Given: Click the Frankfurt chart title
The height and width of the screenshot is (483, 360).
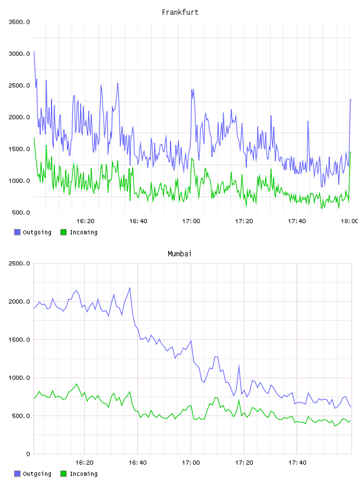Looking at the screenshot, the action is (x=180, y=12).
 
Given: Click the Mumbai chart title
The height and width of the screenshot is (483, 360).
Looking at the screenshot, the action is (x=179, y=254).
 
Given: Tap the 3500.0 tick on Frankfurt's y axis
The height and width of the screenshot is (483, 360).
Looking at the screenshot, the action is (x=19, y=22).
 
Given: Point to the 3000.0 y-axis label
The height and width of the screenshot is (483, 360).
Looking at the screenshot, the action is (x=19, y=54).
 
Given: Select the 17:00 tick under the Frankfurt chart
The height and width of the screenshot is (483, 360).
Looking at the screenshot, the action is (x=191, y=221).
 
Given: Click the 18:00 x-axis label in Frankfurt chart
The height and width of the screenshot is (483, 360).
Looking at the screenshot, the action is (x=349, y=221).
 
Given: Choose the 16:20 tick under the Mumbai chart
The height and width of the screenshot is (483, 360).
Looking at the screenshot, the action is (x=85, y=462).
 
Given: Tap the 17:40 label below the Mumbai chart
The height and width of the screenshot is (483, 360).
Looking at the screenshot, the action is (x=297, y=462).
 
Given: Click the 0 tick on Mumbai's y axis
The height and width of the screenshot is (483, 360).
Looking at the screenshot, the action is (x=28, y=454).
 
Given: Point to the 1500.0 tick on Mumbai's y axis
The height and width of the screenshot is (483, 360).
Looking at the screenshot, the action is (x=19, y=339).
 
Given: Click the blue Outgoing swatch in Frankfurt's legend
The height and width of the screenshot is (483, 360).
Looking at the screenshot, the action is (x=17, y=232).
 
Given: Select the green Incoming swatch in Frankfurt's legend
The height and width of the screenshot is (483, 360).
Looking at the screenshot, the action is (x=63, y=232).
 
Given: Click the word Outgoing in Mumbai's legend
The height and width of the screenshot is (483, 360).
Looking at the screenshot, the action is (x=37, y=474).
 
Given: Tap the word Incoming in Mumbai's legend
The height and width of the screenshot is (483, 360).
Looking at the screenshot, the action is (x=83, y=474).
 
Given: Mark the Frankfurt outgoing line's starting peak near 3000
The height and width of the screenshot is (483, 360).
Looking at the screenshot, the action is (x=34, y=51).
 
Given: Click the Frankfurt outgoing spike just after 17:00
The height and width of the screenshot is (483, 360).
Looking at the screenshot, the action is (x=192, y=89).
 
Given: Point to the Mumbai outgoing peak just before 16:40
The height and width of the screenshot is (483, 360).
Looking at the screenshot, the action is (x=130, y=288).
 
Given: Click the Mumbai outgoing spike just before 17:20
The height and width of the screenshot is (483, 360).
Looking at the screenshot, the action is (x=239, y=365).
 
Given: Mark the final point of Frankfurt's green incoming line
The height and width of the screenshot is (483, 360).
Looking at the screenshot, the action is (x=351, y=152).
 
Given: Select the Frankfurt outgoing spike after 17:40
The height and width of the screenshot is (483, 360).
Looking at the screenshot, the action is (x=308, y=121).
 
